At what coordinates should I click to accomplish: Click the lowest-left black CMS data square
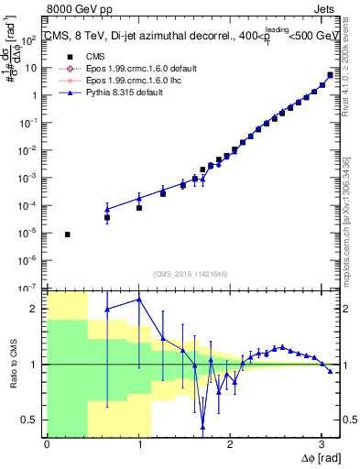click(x=68, y=234)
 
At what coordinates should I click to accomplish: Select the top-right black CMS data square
click(x=330, y=75)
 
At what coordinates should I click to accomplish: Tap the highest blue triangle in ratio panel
click(x=139, y=299)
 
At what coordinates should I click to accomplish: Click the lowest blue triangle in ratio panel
click(x=202, y=427)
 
